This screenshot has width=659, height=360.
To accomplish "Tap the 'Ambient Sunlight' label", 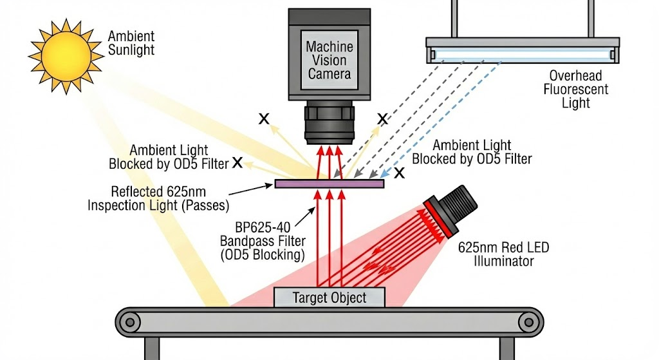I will click(x=131, y=43).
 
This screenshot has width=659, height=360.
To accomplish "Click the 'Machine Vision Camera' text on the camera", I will click(x=329, y=60).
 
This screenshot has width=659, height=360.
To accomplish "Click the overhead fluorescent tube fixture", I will click(x=523, y=50).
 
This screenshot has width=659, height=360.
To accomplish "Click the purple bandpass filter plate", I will click(x=329, y=184).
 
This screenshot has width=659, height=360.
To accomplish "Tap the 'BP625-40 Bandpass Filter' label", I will click(x=271, y=239).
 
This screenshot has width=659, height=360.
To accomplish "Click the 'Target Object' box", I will click(x=329, y=298).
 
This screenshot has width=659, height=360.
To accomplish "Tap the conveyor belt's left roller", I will click(x=132, y=321).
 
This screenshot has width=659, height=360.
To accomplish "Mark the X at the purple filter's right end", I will click(x=399, y=173).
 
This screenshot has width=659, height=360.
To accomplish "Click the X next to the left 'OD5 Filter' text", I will click(x=237, y=163).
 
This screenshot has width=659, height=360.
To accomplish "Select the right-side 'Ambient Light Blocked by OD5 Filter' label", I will click(x=472, y=152).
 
